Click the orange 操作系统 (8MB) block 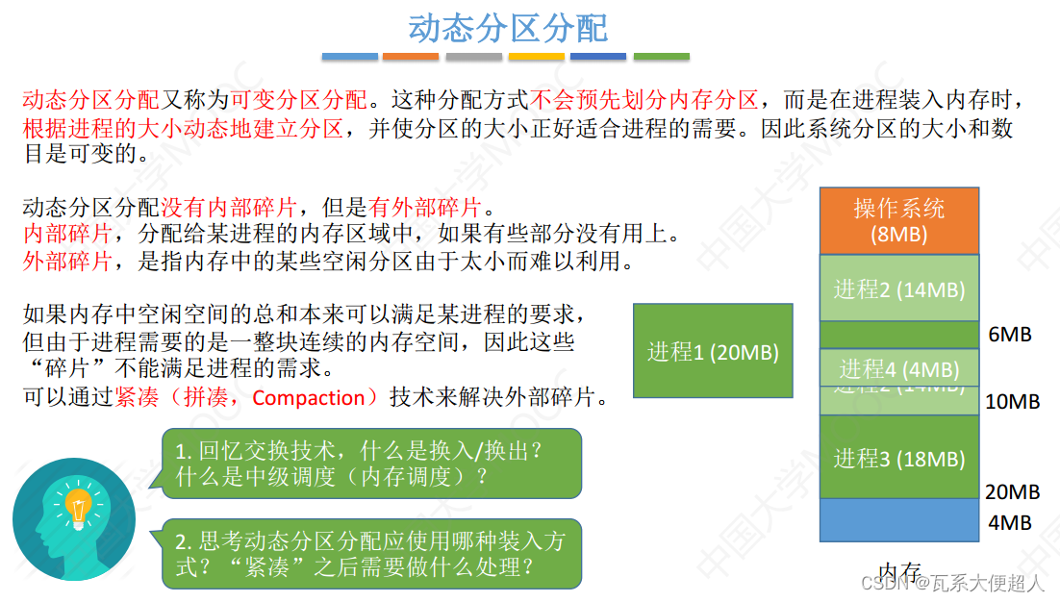pyautogui.click(x=898, y=220)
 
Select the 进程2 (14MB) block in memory pyautogui.click(x=898, y=288)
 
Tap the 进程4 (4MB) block pyautogui.click(x=898, y=368)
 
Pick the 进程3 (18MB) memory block pyautogui.click(x=898, y=458)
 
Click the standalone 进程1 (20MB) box pyautogui.click(x=713, y=351)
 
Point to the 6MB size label pyautogui.click(x=1010, y=335)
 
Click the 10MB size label pyautogui.click(x=1013, y=402)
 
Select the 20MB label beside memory pyautogui.click(x=1013, y=491)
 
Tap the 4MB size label pyautogui.click(x=1010, y=522)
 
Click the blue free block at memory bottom pyautogui.click(x=898, y=520)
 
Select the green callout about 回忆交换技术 pyautogui.click(x=371, y=463)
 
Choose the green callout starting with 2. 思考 pyautogui.click(x=371, y=554)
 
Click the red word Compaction pyautogui.click(x=308, y=398)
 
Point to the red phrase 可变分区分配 pyautogui.click(x=299, y=99)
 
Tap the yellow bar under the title pyautogui.click(x=536, y=57)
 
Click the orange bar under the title pyautogui.click(x=411, y=57)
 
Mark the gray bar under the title pyautogui.click(x=473, y=57)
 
